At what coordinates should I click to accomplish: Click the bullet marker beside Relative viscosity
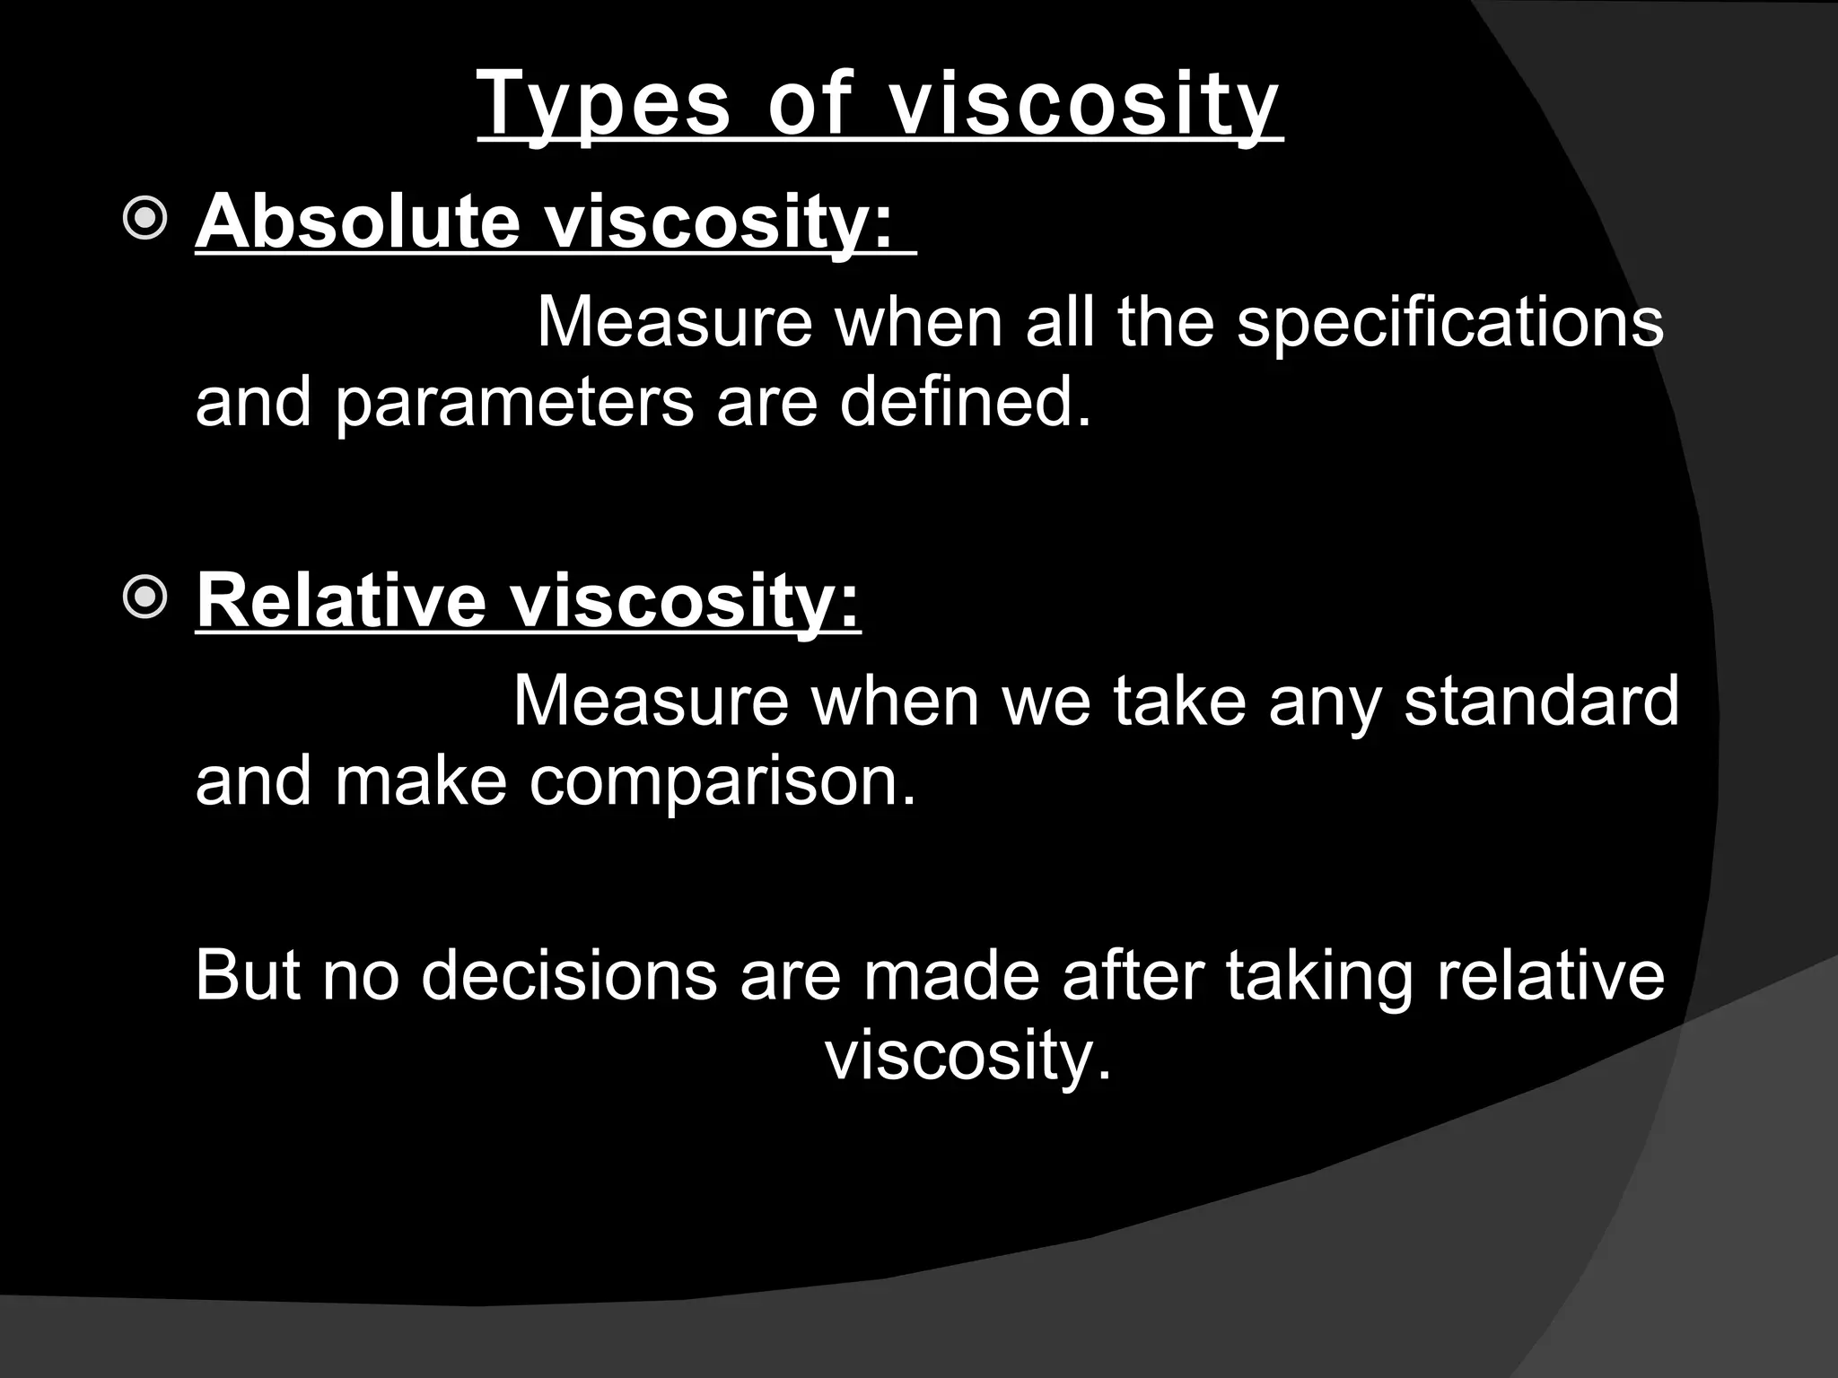pyautogui.click(x=144, y=597)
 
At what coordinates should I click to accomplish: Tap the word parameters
pyautogui.click(x=513, y=401)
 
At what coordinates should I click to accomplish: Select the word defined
pyautogui.click(x=965, y=401)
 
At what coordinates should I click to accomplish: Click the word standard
pyautogui.click(x=1541, y=701)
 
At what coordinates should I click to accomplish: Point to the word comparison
pyautogui.click(x=722, y=781)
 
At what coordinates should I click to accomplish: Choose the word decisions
pyautogui.click(x=568, y=975)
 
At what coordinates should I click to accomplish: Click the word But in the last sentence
pyautogui.click(x=249, y=975)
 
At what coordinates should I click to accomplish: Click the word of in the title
pyautogui.click(x=808, y=106)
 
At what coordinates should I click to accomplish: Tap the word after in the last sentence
pyautogui.click(x=1133, y=975)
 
